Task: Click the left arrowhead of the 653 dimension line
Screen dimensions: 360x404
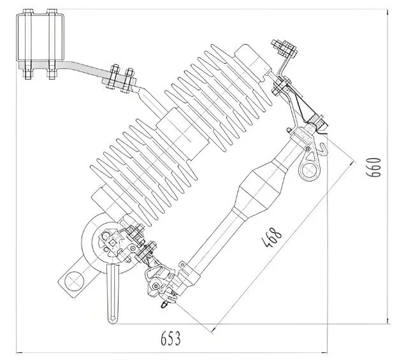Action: click(x=19, y=351)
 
